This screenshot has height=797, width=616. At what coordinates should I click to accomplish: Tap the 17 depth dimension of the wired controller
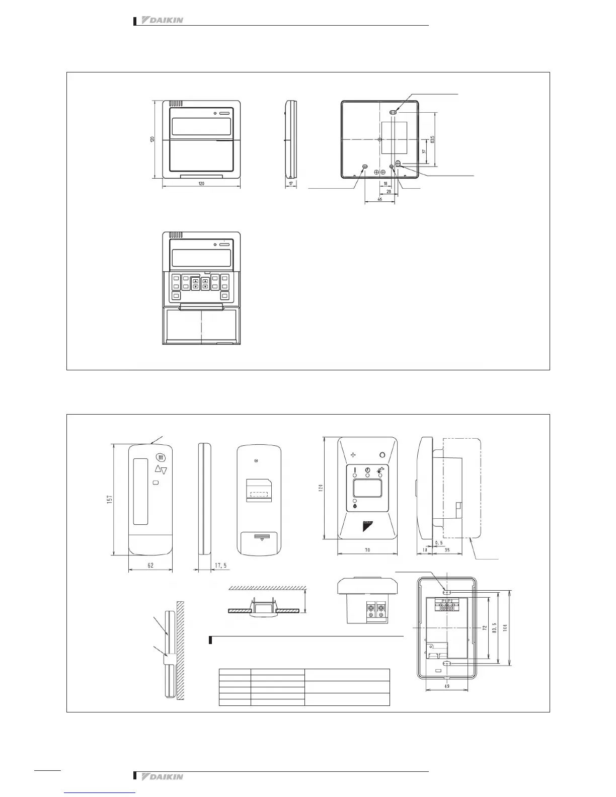point(291,184)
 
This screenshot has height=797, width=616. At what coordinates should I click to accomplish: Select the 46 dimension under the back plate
point(379,200)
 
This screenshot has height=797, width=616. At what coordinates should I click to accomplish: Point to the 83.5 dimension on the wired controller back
point(433,139)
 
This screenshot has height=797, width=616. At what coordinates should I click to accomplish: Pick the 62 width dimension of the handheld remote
point(150,565)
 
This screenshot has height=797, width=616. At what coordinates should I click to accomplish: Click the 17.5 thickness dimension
point(220,565)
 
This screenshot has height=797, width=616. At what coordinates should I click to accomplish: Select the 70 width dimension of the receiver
point(367,550)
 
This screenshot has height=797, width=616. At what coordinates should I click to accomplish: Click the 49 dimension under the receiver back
point(446,685)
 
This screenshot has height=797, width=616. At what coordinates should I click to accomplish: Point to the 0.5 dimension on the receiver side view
point(439,543)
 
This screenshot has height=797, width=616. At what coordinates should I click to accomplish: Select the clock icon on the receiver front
point(367,470)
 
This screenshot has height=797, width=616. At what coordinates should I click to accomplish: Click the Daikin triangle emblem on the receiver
point(367,526)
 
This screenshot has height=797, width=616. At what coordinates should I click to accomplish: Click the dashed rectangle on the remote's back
point(259,494)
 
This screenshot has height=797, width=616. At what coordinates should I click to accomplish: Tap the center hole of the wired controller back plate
point(378,139)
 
